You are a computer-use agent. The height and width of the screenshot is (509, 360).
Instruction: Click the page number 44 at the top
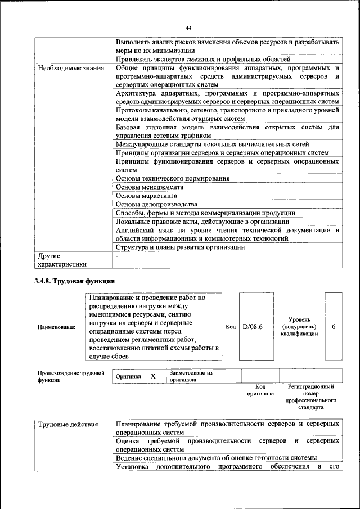point(188,28)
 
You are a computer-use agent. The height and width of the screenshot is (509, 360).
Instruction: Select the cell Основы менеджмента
point(150,187)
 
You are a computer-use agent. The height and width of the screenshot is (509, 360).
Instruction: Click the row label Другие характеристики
point(62,260)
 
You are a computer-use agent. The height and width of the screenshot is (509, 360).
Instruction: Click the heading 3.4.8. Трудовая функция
point(74,281)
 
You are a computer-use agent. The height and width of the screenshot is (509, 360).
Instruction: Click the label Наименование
point(56,327)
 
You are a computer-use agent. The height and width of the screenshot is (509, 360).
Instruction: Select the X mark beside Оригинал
point(152,376)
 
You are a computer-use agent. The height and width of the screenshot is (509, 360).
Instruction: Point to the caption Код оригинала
point(260,390)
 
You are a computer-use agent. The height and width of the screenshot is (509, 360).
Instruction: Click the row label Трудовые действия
point(68,424)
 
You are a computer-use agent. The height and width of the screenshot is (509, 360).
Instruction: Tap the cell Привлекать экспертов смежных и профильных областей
point(202,58)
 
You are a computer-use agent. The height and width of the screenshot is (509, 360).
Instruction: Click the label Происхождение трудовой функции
point(71,376)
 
